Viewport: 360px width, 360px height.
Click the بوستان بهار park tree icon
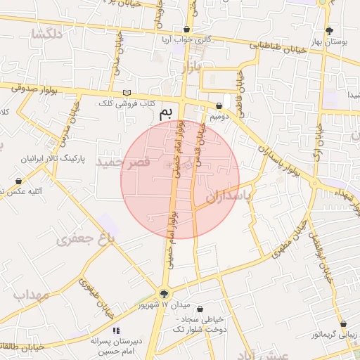(330, 30)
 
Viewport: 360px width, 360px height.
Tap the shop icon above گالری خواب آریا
(186, 30)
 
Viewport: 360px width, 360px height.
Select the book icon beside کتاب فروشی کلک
(127, 94)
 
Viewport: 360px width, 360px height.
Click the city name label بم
(166, 112)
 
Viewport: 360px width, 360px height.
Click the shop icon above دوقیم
(219, 105)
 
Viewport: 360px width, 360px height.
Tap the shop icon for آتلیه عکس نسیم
(18, 181)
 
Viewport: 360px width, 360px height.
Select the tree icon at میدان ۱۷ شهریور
(165, 294)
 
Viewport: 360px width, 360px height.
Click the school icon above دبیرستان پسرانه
(116, 330)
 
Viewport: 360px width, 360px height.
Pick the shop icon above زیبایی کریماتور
(343, 325)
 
